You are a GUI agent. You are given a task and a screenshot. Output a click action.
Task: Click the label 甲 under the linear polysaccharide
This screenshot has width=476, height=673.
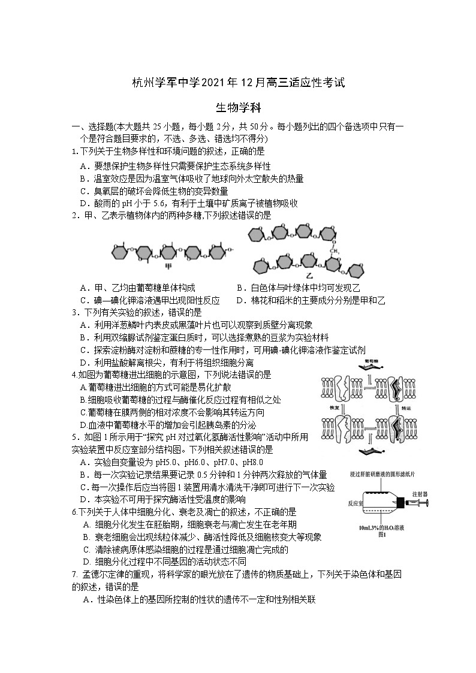tap(167, 264)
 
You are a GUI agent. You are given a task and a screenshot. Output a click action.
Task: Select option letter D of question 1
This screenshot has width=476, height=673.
tap(84, 203)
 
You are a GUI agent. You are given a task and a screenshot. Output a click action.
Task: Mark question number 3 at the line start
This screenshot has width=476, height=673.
tap(74, 312)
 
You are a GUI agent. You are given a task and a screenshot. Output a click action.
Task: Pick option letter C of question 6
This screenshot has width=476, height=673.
tap(87, 550)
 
